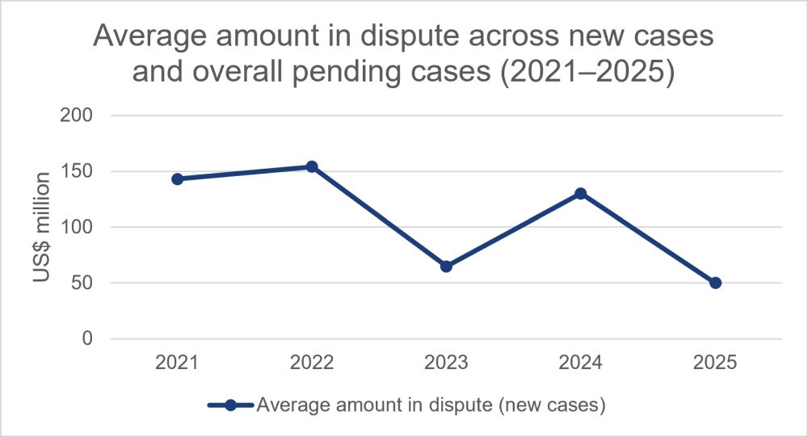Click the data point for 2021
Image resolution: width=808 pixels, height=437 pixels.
point(177,179)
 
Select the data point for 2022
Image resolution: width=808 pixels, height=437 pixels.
point(312,166)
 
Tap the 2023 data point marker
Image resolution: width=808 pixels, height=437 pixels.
point(446,267)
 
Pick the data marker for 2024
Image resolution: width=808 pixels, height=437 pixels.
point(581,193)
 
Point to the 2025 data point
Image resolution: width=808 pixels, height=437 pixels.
point(715,283)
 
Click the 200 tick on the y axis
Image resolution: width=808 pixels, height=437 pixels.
point(76,115)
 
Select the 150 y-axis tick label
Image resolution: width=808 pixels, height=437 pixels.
point(76,171)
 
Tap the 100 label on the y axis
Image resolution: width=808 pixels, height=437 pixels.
point(76,227)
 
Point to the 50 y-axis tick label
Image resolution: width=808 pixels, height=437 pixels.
point(82,283)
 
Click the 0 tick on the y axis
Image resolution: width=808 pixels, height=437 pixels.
point(87,338)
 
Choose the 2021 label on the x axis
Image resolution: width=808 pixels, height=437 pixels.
point(177,362)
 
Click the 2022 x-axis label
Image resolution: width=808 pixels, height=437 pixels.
point(312,362)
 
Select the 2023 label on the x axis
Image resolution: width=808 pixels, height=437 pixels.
point(446,362)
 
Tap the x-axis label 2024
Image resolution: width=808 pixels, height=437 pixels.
point(581,362)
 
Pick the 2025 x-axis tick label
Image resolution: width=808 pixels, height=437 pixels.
point(715,362)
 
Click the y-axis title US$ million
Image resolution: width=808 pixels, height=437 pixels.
point(42,227)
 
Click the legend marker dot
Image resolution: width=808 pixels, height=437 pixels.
point(231,405)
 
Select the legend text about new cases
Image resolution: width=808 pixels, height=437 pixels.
point(431,405)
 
